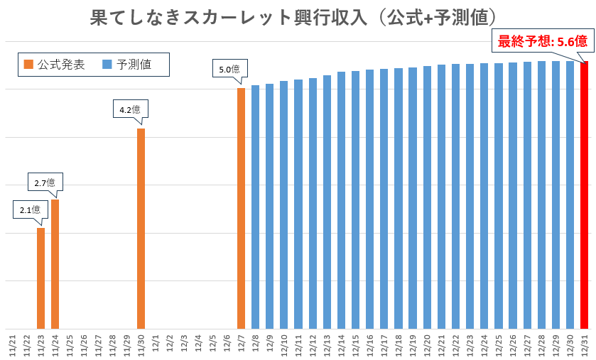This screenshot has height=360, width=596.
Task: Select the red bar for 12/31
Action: coord(585,195)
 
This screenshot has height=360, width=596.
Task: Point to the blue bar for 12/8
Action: coord(255,207)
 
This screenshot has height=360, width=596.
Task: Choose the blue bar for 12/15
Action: coord(355,200)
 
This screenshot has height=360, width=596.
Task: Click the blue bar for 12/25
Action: coord(499,196)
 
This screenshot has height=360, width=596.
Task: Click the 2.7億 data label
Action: coord(45,182)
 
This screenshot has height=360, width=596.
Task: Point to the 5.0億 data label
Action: coord(229,69)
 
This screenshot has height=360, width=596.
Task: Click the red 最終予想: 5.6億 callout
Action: coord(541,41)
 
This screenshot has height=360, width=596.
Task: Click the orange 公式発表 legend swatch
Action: coord(28,65)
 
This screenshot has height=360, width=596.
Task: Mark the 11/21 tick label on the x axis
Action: coord(12,344)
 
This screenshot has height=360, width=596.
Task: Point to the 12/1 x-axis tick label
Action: coord(155,344)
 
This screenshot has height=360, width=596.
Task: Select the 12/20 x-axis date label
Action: coord(427,344)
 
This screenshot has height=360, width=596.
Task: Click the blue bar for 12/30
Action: coord(570,195)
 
